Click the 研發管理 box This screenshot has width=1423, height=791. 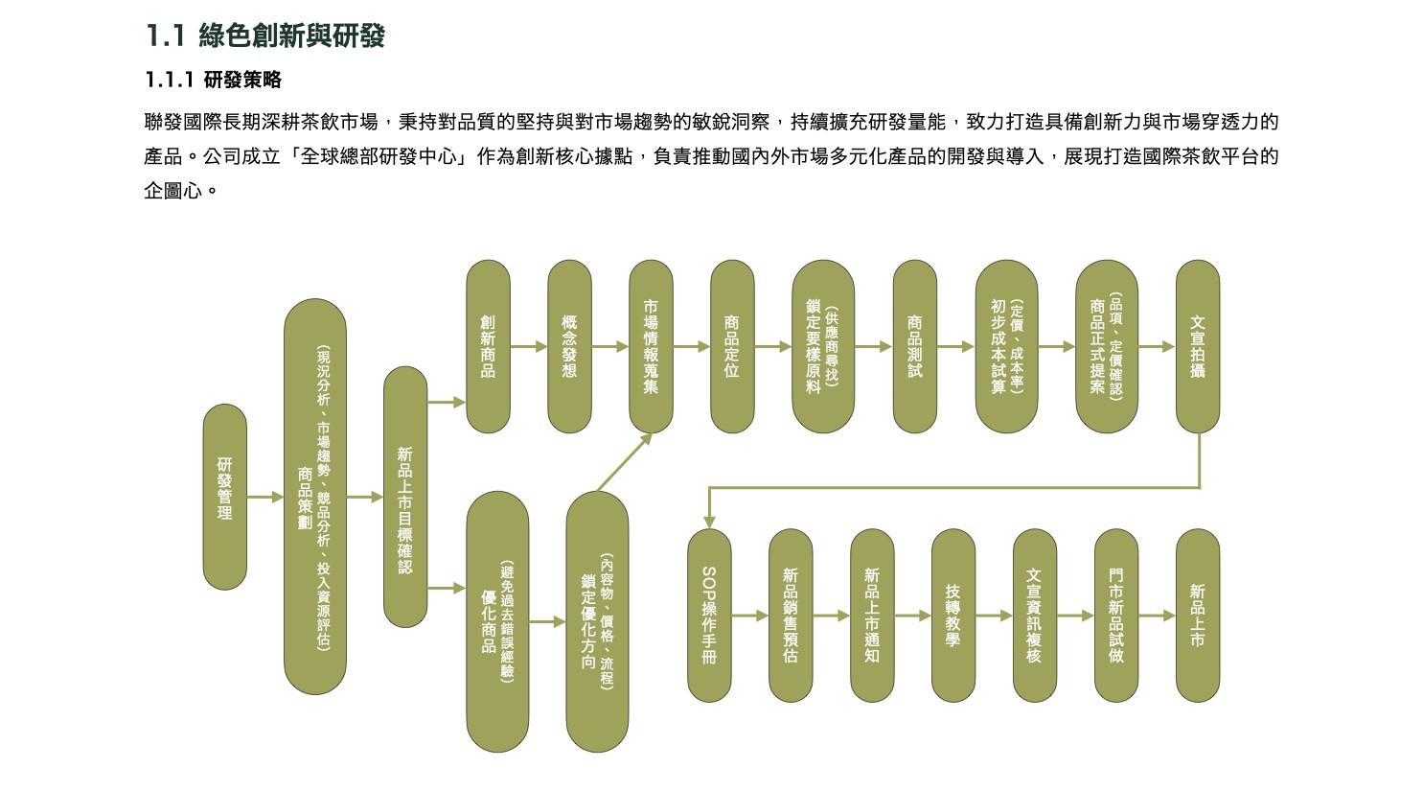pos(224,497)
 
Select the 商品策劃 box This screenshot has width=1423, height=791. pos(314,497)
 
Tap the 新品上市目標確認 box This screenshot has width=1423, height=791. pos(405,497)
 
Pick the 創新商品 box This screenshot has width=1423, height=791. pos(488,346)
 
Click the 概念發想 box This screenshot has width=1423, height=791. pos(569,346)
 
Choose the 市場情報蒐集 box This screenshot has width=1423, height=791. pos(651,346)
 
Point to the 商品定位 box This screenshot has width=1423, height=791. pos(732,346)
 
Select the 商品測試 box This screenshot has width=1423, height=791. pos(914,346)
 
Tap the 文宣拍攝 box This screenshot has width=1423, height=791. pos(1197,346)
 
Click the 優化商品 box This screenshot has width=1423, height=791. pos(497,621)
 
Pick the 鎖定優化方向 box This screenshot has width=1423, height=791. pos(597,621)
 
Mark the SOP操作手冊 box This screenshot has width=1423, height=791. pos(709,615)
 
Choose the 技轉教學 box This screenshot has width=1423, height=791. pos(952,615)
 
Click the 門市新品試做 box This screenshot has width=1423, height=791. pos(1115,615)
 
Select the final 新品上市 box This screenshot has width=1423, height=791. pos(1197,615)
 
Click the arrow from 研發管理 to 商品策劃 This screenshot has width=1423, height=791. pos(265,497)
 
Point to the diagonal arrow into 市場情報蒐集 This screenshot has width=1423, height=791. pos(623,463)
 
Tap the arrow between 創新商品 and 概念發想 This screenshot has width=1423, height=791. pos(528,346)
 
